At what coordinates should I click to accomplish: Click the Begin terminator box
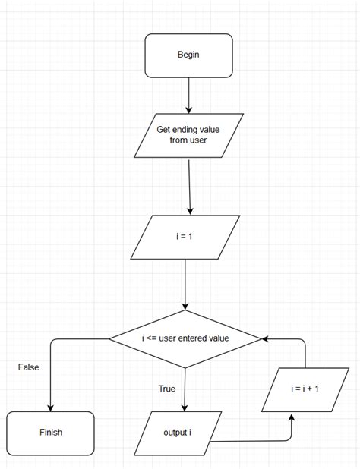[x=188, y=55]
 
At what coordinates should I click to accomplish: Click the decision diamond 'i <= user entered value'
[x=185, y=338]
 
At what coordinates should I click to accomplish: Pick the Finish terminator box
[x=50, y=433]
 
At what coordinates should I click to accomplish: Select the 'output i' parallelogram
[x=182, y=433]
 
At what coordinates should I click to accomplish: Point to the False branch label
[x=28, y=367]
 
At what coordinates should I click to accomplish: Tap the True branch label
[x=166, y=389]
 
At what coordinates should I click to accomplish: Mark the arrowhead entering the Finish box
[x=50, y=407]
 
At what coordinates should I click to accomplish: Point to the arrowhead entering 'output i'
[x=185, y=407]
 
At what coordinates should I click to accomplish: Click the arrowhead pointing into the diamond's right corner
[x=266, y=338]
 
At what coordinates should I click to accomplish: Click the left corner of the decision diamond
[x=110, y=338]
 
